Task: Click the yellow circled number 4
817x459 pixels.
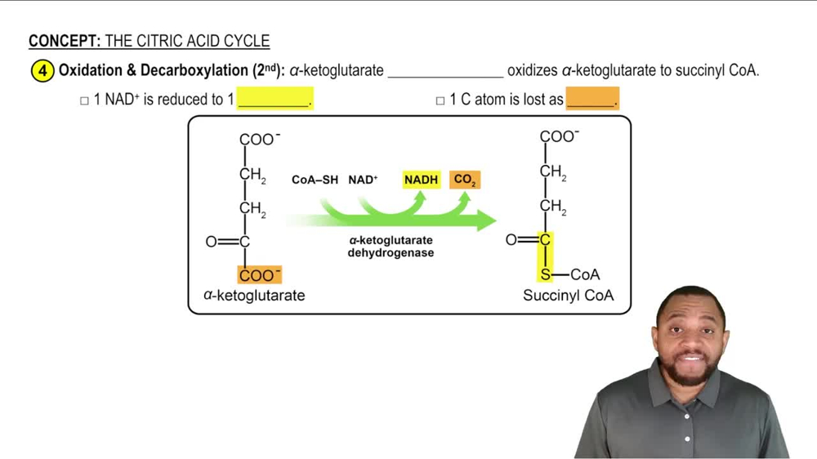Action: click(x=42, y=71)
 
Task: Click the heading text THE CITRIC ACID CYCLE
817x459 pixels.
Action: click(x=187, y=41)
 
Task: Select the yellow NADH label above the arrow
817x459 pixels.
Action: click(x=421, y=179)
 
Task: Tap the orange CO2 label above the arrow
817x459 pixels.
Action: click(x=464, y=179)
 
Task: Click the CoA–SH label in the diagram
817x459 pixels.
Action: click(x=315, y=180)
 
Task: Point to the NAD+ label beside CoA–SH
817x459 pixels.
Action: click(x=363, y=180)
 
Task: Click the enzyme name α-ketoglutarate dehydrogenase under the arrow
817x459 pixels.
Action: click(x=391, y=247)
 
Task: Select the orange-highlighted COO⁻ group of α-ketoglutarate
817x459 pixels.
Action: click(x=259, y=275)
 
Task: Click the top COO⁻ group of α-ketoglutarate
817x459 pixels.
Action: click(x=259, y=140)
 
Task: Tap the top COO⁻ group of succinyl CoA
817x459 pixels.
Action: click(x=560, y=136)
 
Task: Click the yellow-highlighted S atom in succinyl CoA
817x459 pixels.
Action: click(x=545, y=274)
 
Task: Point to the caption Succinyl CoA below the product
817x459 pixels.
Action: click(x=568, y=295)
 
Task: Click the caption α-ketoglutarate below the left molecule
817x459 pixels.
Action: click(x=254, y=295)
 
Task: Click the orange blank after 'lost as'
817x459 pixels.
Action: click(x=592, y=100)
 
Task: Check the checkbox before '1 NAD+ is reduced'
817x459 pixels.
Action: click(x=84, y=100)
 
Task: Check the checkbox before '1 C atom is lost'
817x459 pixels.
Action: click(x=440, y=100)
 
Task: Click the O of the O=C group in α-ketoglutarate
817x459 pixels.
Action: click(x=212, y=242)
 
